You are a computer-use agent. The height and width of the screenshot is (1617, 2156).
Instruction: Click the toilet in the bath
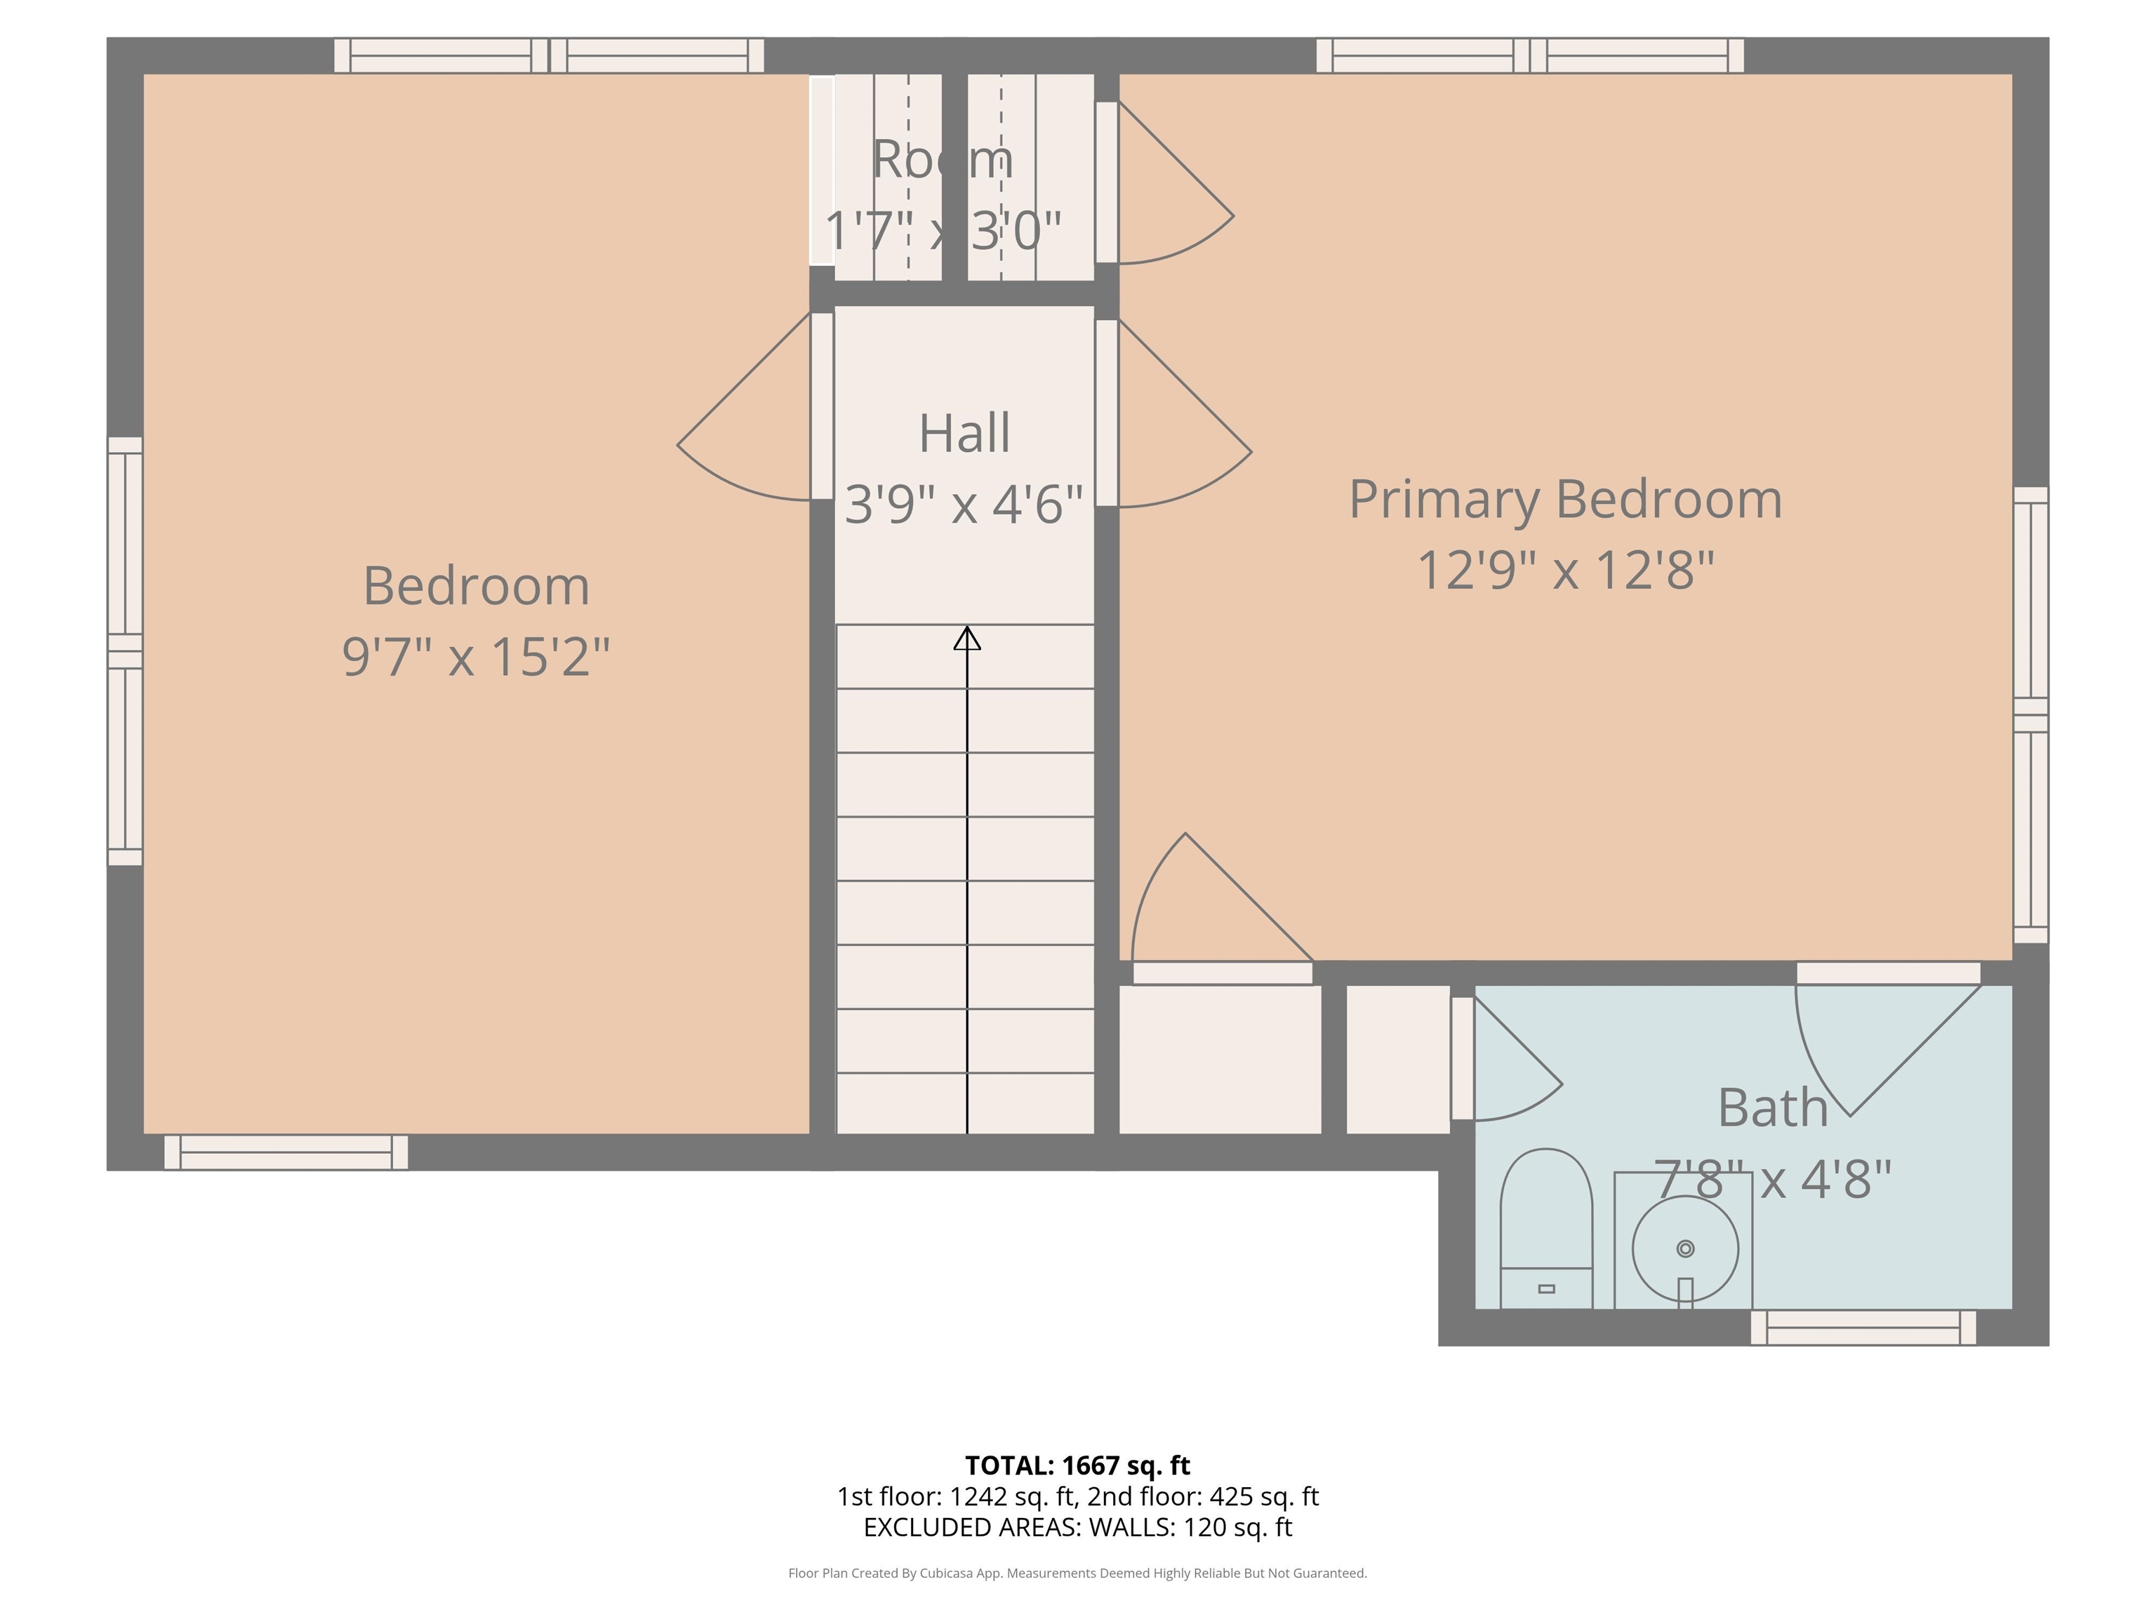1546,1230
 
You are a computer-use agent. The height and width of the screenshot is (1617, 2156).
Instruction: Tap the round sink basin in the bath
1685,1249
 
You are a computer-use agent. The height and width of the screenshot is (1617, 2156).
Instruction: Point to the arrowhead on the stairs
967,639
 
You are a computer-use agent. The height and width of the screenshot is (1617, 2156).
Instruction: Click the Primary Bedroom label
1565,499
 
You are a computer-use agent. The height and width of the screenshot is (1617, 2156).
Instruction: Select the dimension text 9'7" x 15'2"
476,656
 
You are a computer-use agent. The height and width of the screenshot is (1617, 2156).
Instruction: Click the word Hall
964,433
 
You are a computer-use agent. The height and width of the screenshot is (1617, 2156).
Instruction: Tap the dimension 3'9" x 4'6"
964,504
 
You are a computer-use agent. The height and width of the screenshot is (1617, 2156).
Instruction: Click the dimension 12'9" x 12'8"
1565,570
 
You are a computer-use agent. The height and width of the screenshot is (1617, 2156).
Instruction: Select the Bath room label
1772,1107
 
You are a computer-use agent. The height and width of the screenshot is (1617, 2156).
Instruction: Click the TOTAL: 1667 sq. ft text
1077,1465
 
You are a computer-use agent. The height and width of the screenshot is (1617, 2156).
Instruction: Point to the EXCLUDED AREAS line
1077,1527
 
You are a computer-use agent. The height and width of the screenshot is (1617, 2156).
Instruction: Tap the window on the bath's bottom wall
1863,1328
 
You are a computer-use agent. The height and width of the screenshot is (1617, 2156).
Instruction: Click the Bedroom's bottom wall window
286,1152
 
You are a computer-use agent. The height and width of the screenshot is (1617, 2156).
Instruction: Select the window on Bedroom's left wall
125,651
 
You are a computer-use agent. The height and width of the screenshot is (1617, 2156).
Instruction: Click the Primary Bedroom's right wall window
2030,714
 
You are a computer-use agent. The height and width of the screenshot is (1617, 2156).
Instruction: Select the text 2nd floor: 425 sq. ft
1203,1496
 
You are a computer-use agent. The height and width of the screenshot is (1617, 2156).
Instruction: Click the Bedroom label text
476,586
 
